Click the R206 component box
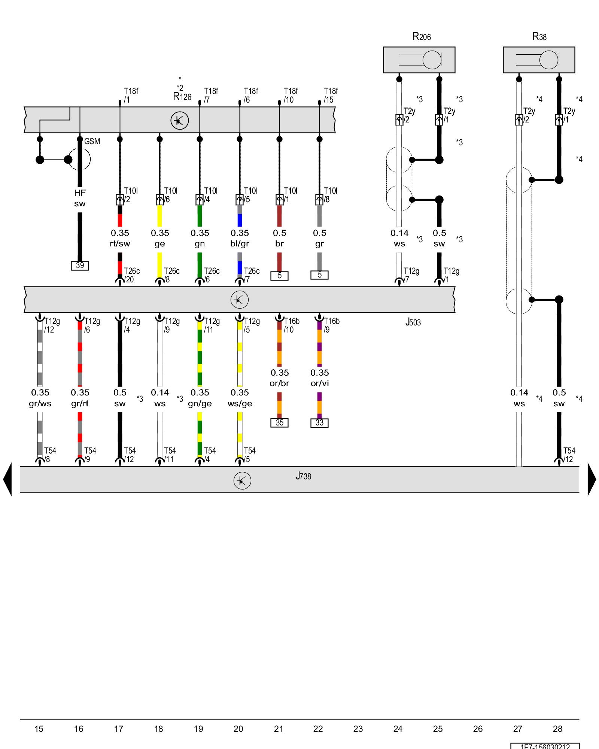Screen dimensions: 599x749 [419, 60]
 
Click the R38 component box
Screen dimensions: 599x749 [539, 60]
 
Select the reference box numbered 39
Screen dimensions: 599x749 [80, 266]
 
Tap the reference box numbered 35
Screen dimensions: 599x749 [279, 423]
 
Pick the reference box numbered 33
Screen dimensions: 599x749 [319, 423]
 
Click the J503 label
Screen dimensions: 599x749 [413, 322]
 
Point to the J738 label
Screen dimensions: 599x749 [303, 476]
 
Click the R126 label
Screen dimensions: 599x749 [182, 97]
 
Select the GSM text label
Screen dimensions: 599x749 [92, 142]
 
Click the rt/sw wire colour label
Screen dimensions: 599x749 [120, 243]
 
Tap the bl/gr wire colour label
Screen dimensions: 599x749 [240, 243]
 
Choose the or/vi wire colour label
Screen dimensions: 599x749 [320, 383]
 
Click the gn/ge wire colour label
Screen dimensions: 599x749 [200, 403]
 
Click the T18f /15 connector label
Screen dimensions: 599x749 [331, 95]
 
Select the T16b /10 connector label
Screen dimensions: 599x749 [291, 325]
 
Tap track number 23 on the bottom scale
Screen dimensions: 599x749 [358, 729]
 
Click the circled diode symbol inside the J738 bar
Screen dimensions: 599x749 [242, 481]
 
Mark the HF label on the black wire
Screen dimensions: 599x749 [80, 193]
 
